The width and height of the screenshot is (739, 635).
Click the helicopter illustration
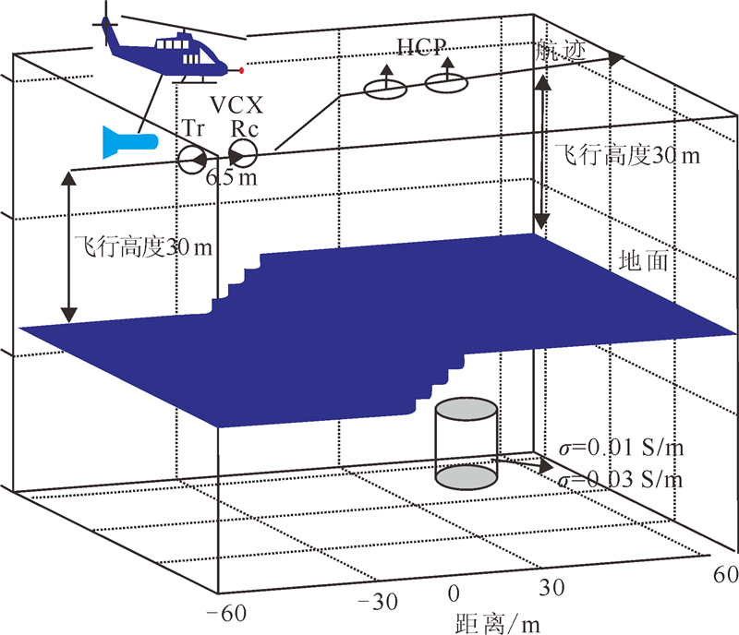coord(171,53)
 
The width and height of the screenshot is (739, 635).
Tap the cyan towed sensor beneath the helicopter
coord(128,142)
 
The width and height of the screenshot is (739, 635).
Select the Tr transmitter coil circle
coord(192,160)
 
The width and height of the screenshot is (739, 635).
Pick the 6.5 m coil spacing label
coord(231,178)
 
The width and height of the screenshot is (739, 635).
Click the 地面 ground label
coord(643,262)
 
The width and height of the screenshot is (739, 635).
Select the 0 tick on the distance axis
coord(453,593)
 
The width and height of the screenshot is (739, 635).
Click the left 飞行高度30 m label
coord(142,247)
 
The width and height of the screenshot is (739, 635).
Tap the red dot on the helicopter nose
coord(242,70)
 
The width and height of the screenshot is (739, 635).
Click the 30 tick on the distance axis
coord(551,587)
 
